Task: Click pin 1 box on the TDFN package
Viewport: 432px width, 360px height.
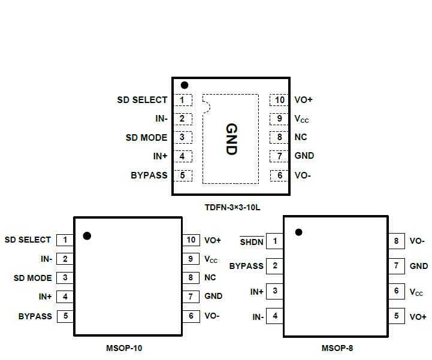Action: point(183,100)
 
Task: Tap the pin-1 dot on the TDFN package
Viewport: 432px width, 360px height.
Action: point(185,86)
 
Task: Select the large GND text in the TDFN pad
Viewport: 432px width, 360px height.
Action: point(231,139)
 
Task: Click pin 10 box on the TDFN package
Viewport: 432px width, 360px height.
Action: point(279,100)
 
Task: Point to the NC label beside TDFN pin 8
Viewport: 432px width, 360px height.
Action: point(301,137)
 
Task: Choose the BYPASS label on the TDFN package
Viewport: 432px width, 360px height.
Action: point(149,176)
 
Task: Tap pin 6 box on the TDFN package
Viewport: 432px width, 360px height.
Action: point(279,176)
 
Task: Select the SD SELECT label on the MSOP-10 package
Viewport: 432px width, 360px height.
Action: point(28,240)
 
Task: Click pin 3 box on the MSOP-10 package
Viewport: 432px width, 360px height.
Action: point(65,278)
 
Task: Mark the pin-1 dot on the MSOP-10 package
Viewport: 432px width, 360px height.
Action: point(87,236)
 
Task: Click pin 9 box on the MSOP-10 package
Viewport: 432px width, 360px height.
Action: point(191,259)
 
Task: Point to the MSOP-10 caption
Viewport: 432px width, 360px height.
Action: point(124,347)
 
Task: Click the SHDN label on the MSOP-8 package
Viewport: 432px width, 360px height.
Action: point(252,242)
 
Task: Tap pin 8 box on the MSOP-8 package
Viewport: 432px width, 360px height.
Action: point(396,242)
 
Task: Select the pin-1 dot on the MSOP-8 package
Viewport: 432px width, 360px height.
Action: point(298,232)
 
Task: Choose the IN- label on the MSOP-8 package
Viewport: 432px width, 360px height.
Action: point(258,316)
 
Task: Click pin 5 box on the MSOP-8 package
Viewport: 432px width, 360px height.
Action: point(396,316)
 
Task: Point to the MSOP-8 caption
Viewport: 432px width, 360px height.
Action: point(341,347)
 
